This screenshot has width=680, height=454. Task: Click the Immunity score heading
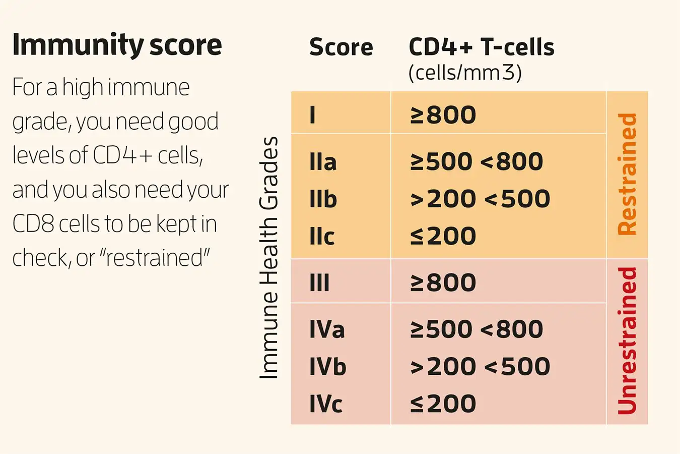coord(117,45)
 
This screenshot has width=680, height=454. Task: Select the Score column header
coord(341,47)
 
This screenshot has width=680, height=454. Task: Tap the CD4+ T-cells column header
coord(481,47)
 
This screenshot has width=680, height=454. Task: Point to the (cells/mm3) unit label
coord(464,73)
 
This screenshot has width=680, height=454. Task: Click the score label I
coord(313,115)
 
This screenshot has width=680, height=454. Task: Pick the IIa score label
coord(323,162)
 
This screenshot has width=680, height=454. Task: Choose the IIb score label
coord(323,199)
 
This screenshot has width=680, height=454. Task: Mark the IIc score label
coord(322,236)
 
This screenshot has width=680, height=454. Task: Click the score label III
coord(319,282)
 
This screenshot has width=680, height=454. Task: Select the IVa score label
coord(327,329)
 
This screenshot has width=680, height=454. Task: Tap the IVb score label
coord(327,367)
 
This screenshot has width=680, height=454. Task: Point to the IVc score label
coord(326,404)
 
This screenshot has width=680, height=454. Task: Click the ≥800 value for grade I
coord(443,115)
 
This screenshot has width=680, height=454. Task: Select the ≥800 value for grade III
coord(443,282)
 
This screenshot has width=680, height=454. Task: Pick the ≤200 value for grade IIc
coord(443,236)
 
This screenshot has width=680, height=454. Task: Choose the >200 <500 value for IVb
coord(480,367)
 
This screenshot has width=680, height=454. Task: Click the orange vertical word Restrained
coord(627,174)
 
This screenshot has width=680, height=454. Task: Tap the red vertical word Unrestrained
coord(627,341)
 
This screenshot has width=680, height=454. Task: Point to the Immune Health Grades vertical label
coord(269,257)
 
